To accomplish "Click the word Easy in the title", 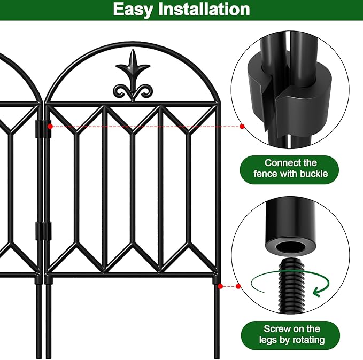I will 135,9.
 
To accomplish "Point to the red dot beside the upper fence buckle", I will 50,127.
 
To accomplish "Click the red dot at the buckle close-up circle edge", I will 242,127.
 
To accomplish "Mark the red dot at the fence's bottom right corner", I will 220,286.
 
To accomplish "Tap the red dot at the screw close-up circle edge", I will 240,286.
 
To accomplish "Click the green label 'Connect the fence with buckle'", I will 290,168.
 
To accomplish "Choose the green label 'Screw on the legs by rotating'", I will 290,334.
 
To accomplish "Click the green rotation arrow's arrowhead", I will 319,291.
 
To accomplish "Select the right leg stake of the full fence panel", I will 218,320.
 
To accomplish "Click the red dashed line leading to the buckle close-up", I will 144,127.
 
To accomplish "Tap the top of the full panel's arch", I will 133,43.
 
